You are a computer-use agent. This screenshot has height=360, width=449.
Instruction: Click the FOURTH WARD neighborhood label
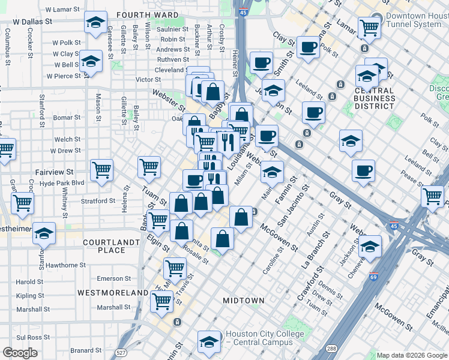(x=148, y=15)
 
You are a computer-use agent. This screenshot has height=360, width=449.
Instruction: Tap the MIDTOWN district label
(x=243, y=300)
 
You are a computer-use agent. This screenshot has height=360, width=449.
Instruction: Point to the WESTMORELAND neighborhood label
(x=112, y=293)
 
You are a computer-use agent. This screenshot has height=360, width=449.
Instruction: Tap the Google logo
(x=20, y=353)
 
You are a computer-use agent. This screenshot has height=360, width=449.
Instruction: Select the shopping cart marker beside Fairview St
(x=101, y=170)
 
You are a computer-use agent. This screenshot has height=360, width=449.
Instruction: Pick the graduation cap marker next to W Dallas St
(x=95, y=23)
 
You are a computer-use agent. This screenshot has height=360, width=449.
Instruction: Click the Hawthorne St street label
(x=67, y=265)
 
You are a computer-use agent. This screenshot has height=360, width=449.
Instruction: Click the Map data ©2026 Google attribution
(x=412, y=355)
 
